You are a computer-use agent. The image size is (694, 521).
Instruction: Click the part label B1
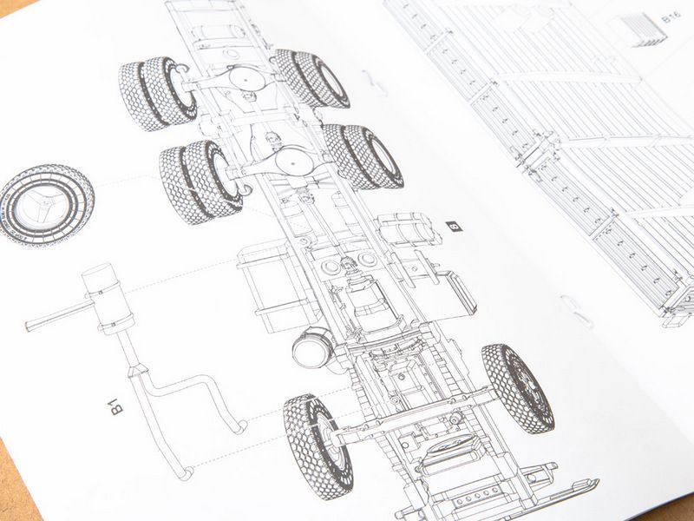(x=119, y=405)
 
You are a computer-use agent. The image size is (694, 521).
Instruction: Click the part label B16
(x=669, y=18)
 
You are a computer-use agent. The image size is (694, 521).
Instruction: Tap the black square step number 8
(x=453, y=226)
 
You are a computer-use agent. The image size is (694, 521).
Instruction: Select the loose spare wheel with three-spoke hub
(x=47, y=205)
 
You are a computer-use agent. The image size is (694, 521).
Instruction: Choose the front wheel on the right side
(x=518, y=387)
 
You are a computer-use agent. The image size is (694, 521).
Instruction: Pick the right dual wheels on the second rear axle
(x=362, y=156)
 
